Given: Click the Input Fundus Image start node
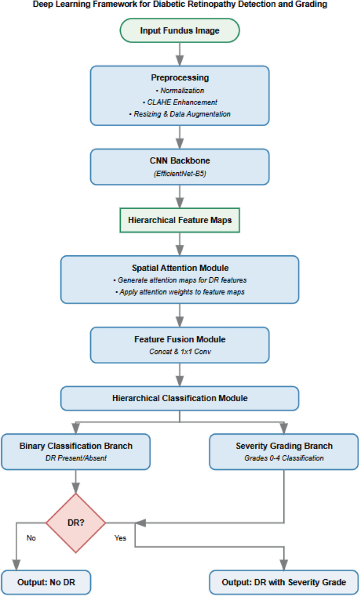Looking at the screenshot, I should pos(180,30).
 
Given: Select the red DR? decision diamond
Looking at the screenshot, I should pos(76,523).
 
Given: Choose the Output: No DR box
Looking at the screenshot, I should pos(46,582).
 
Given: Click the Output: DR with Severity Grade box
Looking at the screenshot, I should pos(284,582).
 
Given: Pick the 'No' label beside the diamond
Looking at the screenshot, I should pos(31,538).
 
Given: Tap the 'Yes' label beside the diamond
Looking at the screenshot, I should pos(120,538).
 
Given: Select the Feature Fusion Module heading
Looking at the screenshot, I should pos(180,340).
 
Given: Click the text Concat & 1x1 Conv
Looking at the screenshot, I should pos(180,351).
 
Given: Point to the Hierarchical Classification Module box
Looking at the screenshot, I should pos(180,398).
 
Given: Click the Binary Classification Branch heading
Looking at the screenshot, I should pos(76,446).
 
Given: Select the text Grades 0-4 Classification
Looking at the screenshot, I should pos(284,457).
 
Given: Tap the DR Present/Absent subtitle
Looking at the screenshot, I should pos(76,457).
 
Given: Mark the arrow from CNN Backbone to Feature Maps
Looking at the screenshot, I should pos(180,196).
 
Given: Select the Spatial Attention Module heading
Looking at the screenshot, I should pos(180,268).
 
